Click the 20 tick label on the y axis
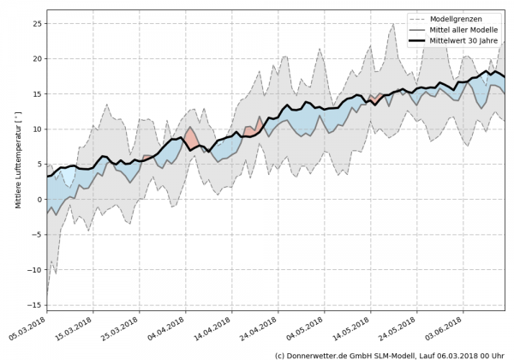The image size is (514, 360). pos(36,59)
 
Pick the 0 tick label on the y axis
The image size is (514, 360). pos(39,200)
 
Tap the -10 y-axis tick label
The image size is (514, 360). pos(34,270)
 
